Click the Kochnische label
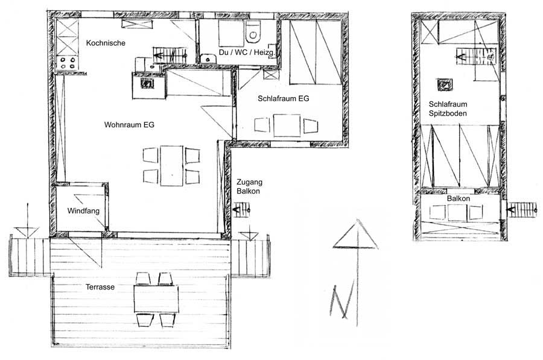[x=106, y=43]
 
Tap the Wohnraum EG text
[x=129, y=125]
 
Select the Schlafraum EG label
[x=284, y=99]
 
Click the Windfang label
[x=83, y=211]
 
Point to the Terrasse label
[x=100, y=287]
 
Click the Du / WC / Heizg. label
[x=247, y=52]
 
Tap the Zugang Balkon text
[x=249, y=186]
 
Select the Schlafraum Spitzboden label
[x=448, y=109]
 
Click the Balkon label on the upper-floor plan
[x=458, y=198]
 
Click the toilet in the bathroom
[x=252, y=32]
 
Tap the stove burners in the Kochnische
[x=68, y=63]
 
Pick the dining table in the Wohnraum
[x=171, y=166]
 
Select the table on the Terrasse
[x=156, y=298]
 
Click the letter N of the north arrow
[x=342, y=300]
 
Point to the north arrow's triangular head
[x=355, y=235]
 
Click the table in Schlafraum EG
[x=287, y=125]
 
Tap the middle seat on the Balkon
[x=457, y=212]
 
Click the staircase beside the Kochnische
[x=170, y=55]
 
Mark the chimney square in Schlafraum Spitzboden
[x=445, y=85]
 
